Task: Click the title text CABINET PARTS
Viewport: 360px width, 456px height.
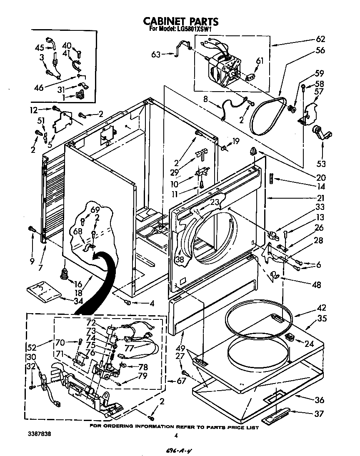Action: tap(181, 21)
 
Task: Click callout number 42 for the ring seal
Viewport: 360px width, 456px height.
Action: tap(321, 308)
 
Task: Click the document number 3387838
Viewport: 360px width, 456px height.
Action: tap(42, 434)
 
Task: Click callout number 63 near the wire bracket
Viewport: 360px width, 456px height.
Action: tap(156, 53)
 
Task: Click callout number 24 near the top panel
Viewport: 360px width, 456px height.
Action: tap(309, 344)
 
